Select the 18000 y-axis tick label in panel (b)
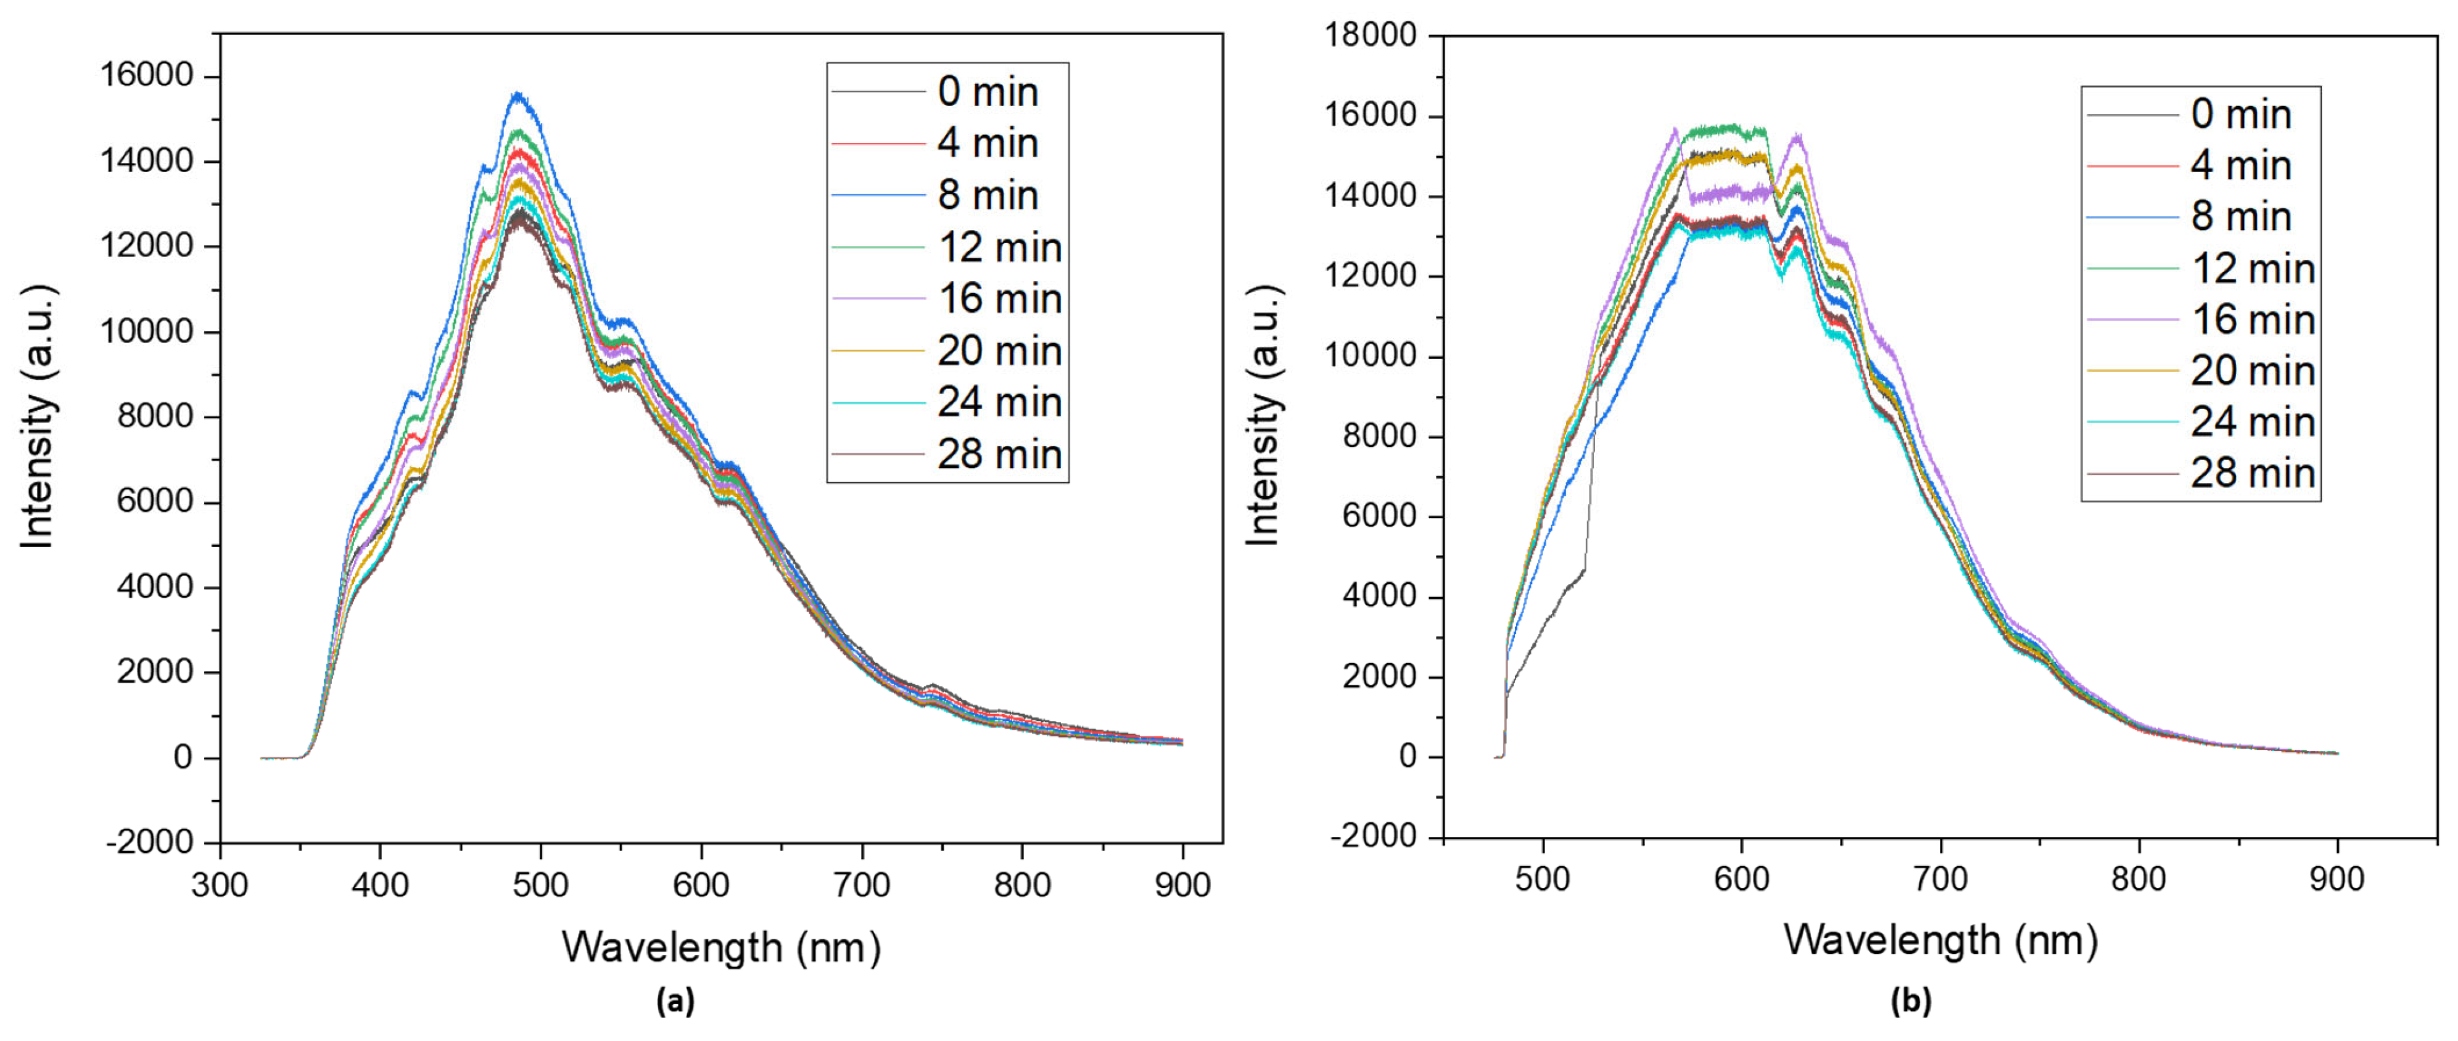click(1370, 35)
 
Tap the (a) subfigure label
click(675, 1001)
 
